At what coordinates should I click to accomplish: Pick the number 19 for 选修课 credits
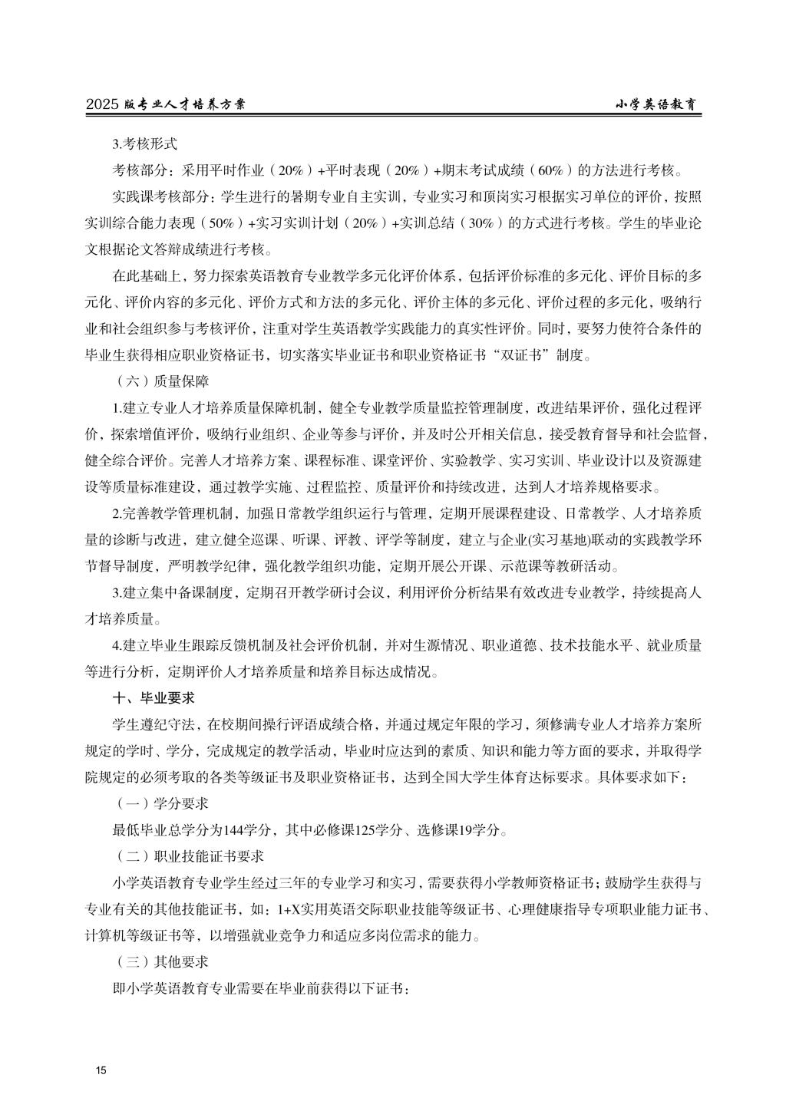pos(466,829)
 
